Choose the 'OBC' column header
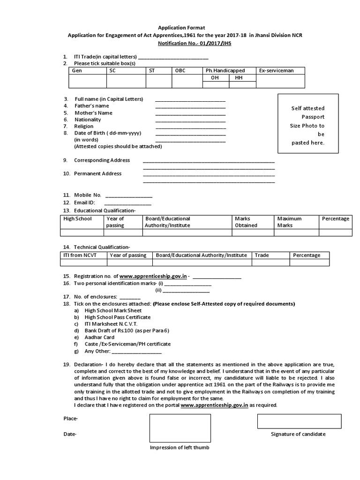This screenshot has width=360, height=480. tap(180, 70)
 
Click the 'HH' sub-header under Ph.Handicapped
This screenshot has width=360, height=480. tap(239, 78)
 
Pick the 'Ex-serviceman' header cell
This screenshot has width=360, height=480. tap(276, 70)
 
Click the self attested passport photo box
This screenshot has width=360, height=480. tap(307, 124)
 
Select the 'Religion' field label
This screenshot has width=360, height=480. tap(84, 126)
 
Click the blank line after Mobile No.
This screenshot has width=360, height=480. tap(128, 196)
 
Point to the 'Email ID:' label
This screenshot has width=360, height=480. tap(84, 202)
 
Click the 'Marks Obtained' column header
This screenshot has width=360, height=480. tap(246, 222)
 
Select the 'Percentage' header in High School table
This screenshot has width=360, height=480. tap(335, 218)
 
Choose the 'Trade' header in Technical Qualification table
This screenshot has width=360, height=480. tap(262, 255)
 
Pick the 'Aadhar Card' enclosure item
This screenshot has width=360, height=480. tap(99, 337)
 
